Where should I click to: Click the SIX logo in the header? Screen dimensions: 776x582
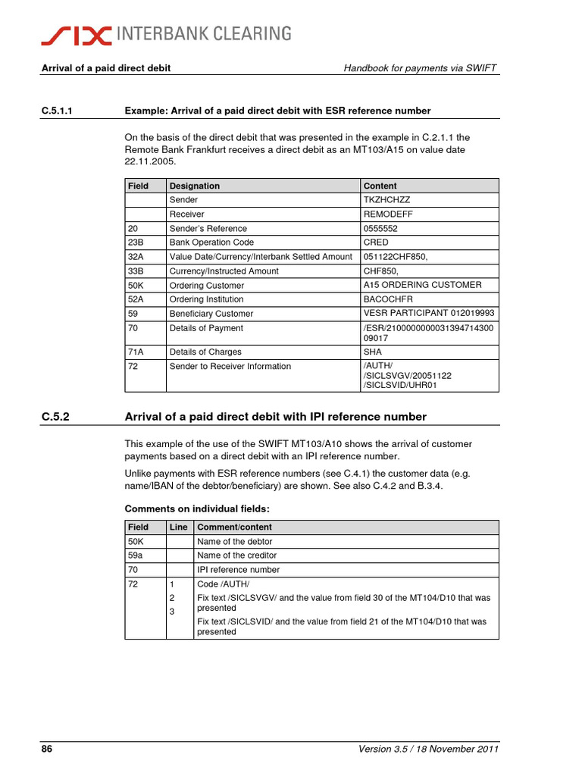[77, 33]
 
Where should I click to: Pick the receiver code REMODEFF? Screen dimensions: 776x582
[389, 214]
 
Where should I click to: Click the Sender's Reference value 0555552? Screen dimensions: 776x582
[381, 229]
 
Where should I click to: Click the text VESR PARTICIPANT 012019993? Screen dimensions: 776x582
[429, 313]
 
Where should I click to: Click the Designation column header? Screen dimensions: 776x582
[195, 186]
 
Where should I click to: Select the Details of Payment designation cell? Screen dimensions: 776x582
[206, 328]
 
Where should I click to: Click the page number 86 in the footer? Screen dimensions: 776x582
[46, 750]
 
